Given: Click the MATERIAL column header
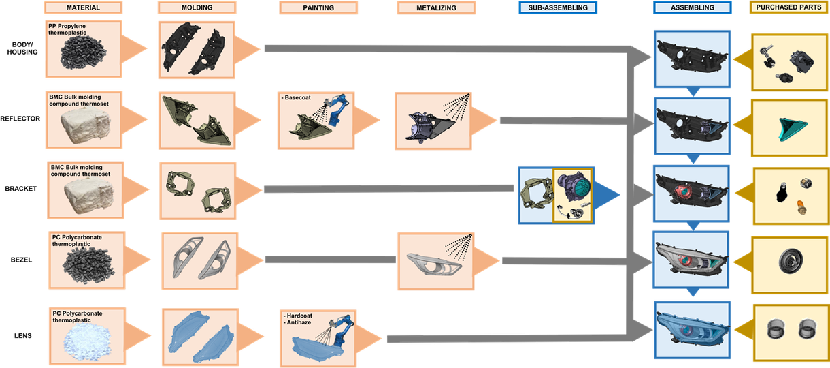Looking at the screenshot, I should (84, 8).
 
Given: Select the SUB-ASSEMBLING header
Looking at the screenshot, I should (557, 8).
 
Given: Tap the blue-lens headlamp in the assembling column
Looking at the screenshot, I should (692, 330).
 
